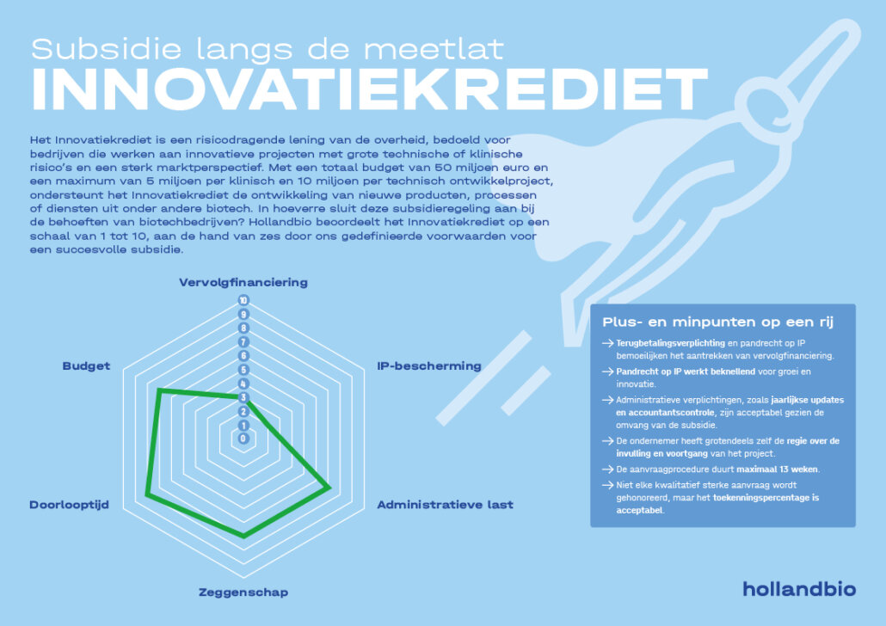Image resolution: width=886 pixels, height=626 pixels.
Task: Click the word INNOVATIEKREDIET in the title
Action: (x=369, y=89)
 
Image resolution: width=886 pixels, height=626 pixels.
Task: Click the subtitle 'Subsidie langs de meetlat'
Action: (x=267, y=48)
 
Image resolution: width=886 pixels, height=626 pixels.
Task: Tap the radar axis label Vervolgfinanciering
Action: (x=243, y=282)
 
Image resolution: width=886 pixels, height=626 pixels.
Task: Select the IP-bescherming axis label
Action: (x=428, y=365)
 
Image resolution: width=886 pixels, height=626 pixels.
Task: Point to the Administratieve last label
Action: (x=445, y=505)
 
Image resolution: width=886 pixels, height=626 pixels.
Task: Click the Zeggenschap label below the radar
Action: (x=243, y=592)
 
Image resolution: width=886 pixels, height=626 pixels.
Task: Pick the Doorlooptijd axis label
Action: (x=69, y=505)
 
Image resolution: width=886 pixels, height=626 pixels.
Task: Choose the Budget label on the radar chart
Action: (x=86, y=365)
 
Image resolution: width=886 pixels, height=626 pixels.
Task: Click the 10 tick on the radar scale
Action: (x=243, y=301)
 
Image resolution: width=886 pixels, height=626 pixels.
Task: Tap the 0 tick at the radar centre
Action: (x=243, y=439)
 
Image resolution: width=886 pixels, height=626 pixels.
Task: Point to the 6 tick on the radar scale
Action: (x=243, y=356)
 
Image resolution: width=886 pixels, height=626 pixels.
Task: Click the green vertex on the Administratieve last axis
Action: (x=329, y=488)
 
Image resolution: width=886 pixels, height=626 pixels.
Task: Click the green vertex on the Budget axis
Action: (x=159, y=390)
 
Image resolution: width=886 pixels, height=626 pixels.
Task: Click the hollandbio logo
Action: (x=799, y=589)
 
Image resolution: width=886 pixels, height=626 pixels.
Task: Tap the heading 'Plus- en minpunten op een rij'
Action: (x=717, y=322)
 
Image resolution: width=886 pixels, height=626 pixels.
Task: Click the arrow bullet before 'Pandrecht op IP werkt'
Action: (x=608, y=371)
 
